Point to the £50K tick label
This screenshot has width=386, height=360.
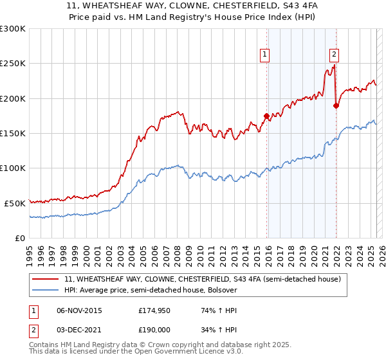click(x=14, y=203)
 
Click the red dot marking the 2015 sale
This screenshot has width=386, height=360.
click(x=266, y=116)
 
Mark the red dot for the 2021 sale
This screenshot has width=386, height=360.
click(x=336, y=105)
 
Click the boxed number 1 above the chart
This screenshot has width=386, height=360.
click(x=266, y=55)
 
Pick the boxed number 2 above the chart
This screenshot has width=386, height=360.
click(x=335, y=55)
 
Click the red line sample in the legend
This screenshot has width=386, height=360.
click(x=46, y=279)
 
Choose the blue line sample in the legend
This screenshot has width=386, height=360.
click(x=46, y=290)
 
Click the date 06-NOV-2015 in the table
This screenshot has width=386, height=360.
click(x=79, y=310)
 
